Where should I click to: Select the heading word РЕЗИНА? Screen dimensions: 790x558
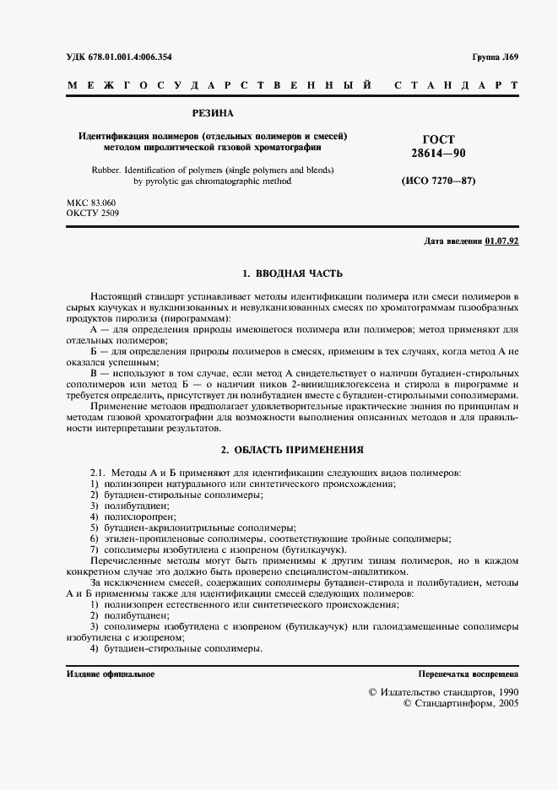click(x=214, y=112)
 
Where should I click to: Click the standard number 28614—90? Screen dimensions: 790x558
click(x=437, y=154)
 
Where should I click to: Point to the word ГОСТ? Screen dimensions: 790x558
click(x=437, y=139)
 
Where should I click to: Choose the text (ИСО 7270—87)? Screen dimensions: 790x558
click(x=437, y=181)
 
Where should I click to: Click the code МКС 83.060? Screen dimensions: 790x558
click(x=91, y=203)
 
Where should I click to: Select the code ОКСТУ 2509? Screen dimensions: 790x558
click(x=93, y=214)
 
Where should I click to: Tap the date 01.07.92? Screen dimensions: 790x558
click(x=501, y=242)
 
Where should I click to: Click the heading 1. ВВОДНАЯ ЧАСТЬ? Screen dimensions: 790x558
click(x=292, y=273)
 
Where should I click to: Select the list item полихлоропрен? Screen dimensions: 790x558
click(x=139, y=515)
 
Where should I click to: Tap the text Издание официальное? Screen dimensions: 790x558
click(x=111, y=674)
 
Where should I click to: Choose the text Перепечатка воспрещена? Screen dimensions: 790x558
click(x=469, y=674)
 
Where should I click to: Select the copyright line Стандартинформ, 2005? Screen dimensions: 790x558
click(x=462, y=703)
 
